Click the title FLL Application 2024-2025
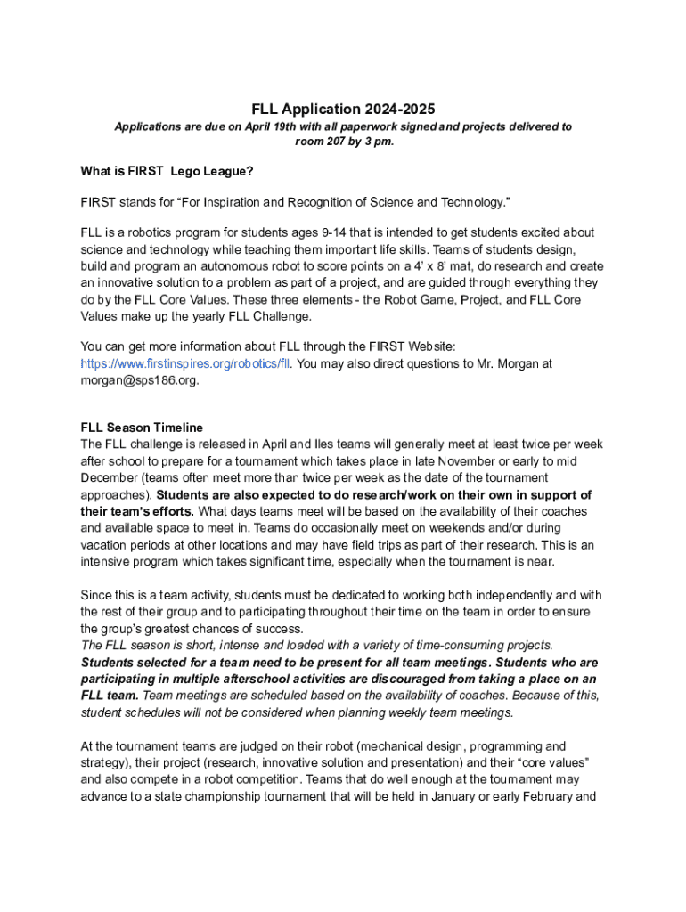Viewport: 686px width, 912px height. pos(343,110)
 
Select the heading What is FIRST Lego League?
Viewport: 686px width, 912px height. pos(167,171)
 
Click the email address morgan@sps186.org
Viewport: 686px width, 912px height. pos(140,379)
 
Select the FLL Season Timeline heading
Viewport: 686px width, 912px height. pos(142,427)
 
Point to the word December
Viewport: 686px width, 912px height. pos(110,477)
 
